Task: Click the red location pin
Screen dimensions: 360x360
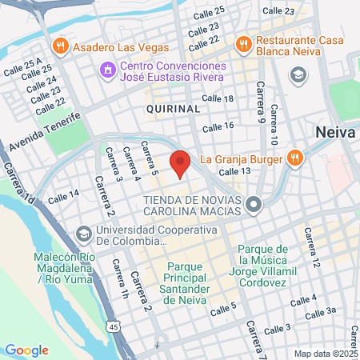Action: coord(180,163)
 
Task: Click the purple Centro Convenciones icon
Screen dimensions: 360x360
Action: coord(106,71)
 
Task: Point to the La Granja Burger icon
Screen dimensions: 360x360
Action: coord(294,158)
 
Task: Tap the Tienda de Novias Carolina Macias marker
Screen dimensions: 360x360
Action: coord(254,206)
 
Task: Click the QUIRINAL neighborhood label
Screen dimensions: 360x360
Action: coord(173,107)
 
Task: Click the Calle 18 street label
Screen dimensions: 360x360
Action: coord(218,98)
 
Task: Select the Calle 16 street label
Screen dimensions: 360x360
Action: coord(218,126)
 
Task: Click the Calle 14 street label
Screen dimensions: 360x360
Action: coord(63,195)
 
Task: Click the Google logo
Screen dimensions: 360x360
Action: coord(26,350)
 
